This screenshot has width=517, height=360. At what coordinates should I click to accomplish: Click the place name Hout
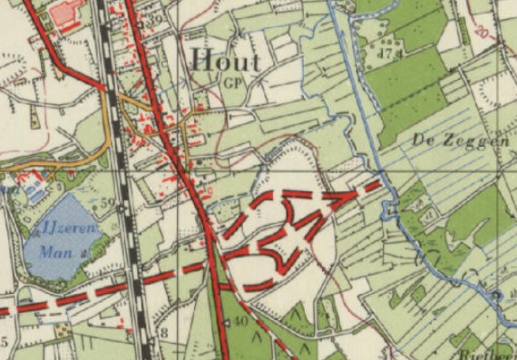[x=226, y=62]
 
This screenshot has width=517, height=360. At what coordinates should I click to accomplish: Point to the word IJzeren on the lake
[x=64, y=224]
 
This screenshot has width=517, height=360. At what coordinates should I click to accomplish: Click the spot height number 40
[x=239, y=322]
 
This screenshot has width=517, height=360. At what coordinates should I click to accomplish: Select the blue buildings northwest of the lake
[x=34, y=190]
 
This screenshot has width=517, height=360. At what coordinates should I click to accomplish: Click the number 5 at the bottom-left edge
[x=5, y=342]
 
